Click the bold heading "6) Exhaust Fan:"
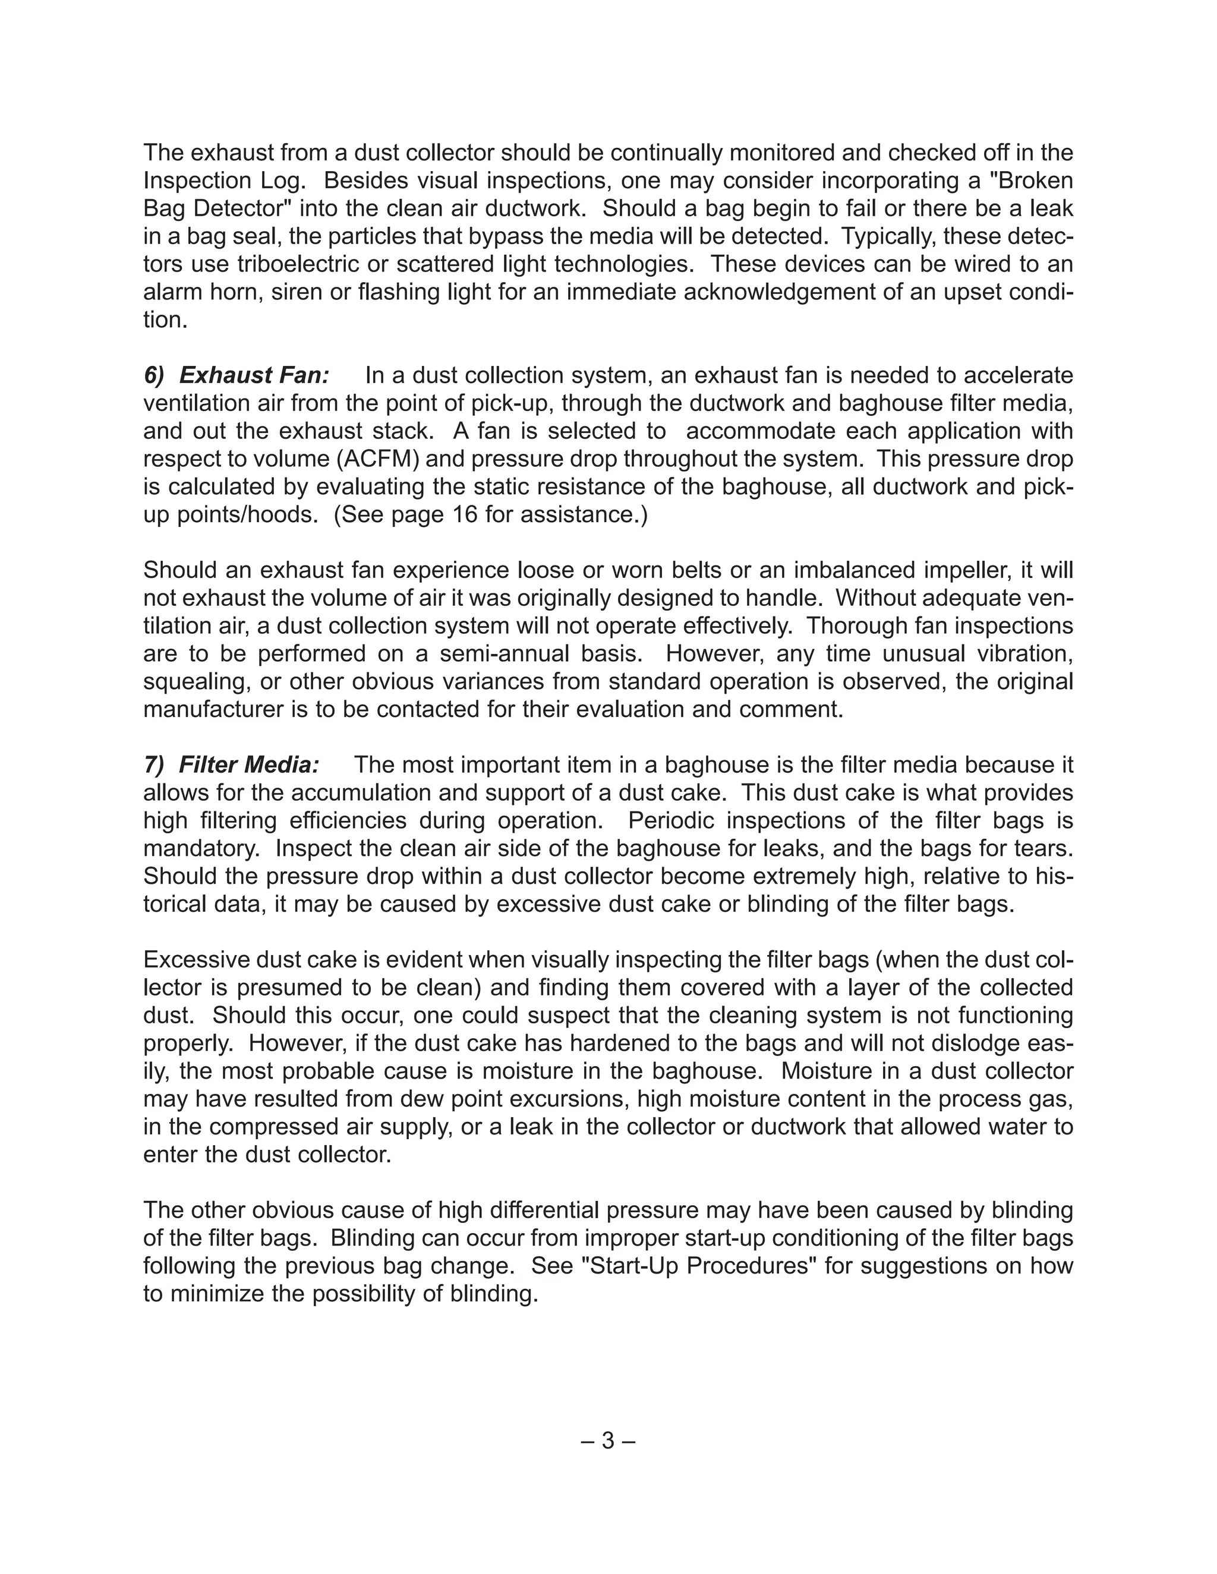click(x=237, y=375)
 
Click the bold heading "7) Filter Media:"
click(x=231, y=764)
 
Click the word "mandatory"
click(x=200, y=849)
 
